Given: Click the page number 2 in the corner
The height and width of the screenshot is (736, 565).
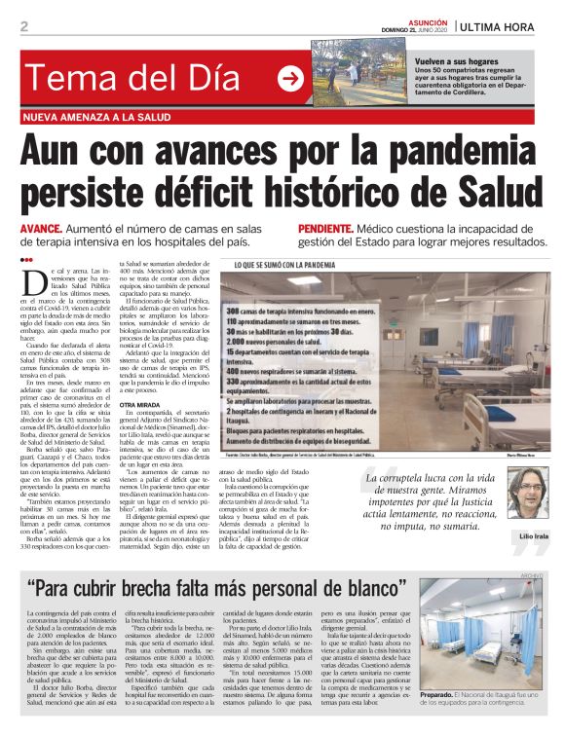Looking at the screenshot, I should pyautogui.click(x=23, y=26).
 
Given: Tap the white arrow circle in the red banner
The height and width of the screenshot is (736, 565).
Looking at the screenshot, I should pyautogui.click(x=290, y=78).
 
